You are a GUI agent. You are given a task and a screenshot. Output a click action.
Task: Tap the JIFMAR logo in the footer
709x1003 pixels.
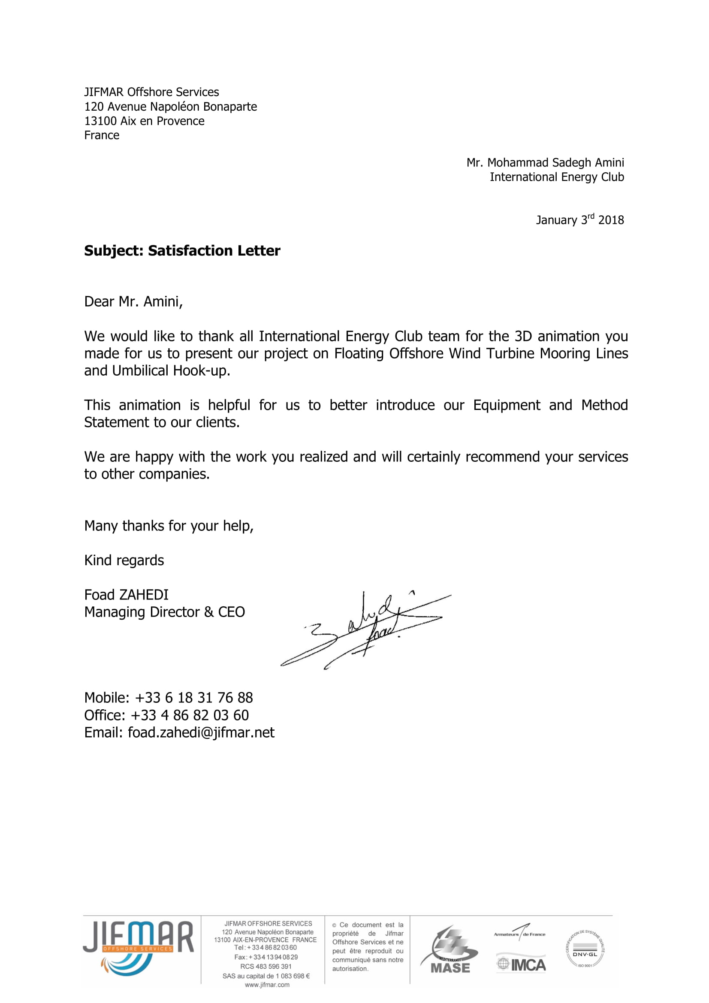138,948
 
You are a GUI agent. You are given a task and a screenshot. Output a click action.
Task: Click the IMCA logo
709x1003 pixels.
521,964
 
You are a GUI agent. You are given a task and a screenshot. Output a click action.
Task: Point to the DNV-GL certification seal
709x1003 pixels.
585,949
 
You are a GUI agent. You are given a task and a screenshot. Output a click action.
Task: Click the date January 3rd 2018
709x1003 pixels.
580,219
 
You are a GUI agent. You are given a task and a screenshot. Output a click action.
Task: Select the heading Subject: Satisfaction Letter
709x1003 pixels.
182,251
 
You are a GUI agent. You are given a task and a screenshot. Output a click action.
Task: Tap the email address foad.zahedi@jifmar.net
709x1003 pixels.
201,732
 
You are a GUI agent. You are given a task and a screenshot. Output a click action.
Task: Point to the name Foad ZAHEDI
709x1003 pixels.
126,594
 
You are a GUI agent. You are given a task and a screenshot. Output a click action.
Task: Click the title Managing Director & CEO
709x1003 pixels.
164,612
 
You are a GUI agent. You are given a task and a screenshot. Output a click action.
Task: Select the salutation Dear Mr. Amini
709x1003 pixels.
133,301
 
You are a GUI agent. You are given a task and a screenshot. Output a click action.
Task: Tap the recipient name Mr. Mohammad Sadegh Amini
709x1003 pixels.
545,163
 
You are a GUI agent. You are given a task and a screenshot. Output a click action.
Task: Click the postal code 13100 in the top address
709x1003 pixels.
100,121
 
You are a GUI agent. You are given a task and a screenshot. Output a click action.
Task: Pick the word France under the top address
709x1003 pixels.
102,136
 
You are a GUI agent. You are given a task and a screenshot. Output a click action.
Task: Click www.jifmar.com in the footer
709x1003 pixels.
267,985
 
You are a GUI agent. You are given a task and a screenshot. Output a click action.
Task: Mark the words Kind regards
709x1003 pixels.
124,560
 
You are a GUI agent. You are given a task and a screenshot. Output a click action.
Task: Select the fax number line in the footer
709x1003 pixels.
266,957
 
